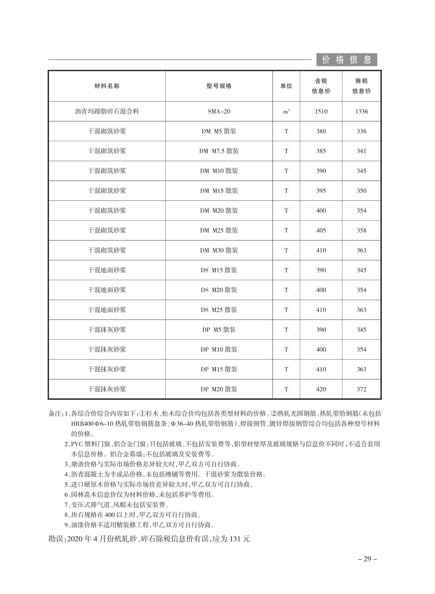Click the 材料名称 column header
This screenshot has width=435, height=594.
coord(107,86)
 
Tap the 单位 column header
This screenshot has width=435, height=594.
coord(286,86)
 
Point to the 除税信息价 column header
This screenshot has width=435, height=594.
coord(362,86)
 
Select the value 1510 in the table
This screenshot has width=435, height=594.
coord(321,112)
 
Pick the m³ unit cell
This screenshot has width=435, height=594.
coord(286,112)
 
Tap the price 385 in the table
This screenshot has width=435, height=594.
coord(321,151)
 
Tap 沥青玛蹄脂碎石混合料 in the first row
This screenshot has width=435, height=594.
coord(107,112)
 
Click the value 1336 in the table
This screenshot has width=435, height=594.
coord(362,112)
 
